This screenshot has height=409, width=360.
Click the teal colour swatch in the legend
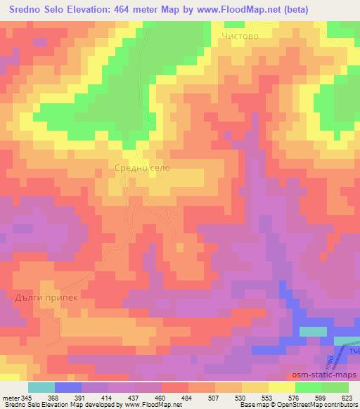41,387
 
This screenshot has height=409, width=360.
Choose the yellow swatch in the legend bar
281,387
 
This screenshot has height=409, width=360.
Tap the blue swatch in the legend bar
68,387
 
